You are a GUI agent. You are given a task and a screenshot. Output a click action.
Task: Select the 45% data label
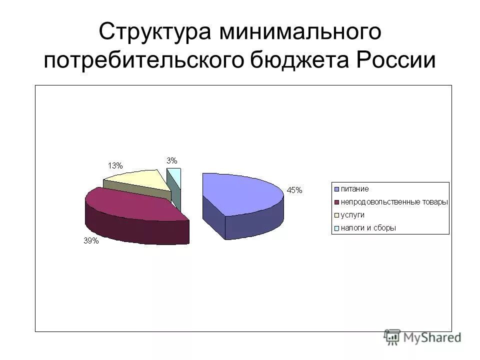point(294,190)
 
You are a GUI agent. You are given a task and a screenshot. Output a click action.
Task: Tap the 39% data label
point(91,241)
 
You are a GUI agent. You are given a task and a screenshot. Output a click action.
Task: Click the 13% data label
point(115,165)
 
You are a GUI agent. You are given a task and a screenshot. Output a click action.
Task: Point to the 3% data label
point(171,160)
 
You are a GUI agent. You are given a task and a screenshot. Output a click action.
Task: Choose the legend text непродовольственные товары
point(394,202)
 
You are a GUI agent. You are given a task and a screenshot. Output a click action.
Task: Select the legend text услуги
point(352,215)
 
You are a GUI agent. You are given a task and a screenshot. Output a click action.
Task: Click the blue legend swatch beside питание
point(337,189)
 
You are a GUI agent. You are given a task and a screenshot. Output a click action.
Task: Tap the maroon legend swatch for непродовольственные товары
point(337,202)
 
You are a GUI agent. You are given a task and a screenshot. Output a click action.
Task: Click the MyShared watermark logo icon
point(393,337)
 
